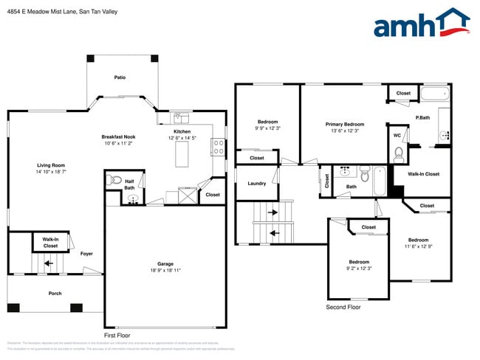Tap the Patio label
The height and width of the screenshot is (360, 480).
(x=120, y=77)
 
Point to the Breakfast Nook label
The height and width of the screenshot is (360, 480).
(x=118, y=137)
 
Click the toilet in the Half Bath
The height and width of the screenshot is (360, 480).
(x=116, y=180)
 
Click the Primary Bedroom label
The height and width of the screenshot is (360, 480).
(x=345, y=125)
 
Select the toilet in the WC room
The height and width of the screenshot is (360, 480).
(x=399, y=153)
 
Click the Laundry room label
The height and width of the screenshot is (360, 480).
(x=256, y=184)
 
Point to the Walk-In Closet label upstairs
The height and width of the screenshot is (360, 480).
(x=423, y=174)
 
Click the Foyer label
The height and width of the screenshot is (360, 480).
(x=86, y=254)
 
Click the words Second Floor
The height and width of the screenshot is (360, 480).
(x=343, y=307)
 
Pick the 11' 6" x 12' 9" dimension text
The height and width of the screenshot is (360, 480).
(x=418, y=246)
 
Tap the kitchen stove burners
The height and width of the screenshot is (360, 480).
(x=219, y=146)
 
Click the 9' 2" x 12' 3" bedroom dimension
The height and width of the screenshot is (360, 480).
(x=359, y=269)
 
